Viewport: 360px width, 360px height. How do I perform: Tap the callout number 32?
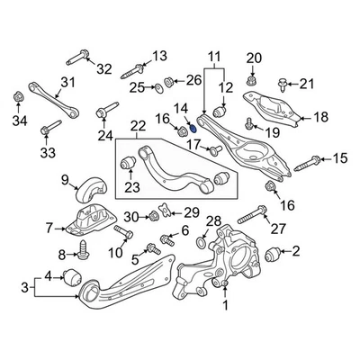[104, 67]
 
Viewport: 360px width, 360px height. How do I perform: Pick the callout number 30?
[130, 216]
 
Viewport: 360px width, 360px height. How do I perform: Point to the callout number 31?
[65, 85]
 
